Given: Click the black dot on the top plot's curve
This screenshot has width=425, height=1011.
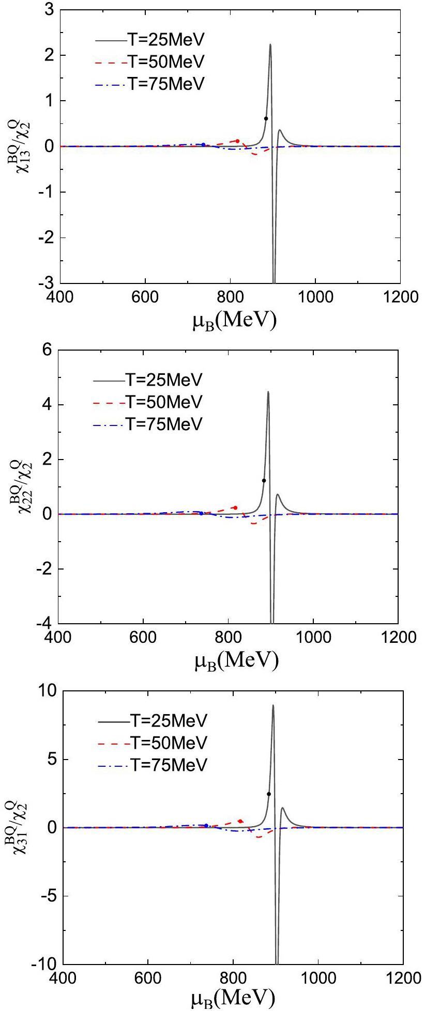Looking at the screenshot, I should pyautogui.click(x=266, y=118).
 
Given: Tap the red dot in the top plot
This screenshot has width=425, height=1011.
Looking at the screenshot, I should pyautogui.click(x=237, y=140).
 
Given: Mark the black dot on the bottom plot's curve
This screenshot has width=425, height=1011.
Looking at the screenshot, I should pyautogui.click(x=269, y=794).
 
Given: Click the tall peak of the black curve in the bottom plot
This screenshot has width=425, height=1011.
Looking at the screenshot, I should pyautogui.click(x=273, y=706).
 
